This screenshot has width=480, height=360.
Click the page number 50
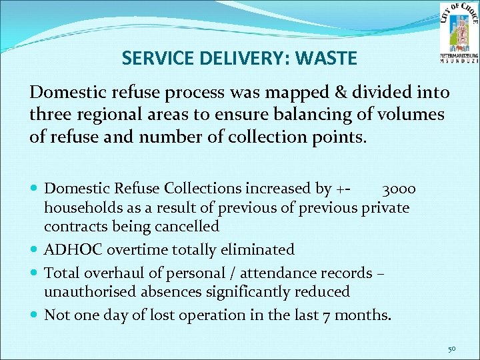452,349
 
